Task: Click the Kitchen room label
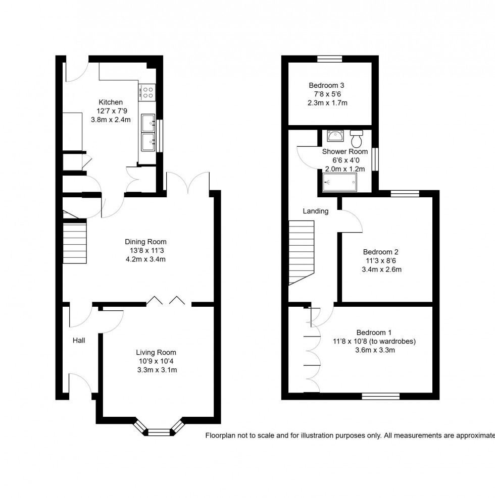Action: [x=111, y=102]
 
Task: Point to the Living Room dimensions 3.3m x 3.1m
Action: [x=156, y=370]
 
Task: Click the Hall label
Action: [x=79, y=341]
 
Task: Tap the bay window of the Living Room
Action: [x=159, y=431]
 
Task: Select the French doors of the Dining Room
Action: [x=188, y=183]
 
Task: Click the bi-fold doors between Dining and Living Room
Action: [x=167, y=302]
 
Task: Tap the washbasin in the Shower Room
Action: [x=335, y=136]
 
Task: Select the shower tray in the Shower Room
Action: [x=340, y=182]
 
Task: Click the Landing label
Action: [x=316, y=211]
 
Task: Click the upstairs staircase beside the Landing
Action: [x=301, y=253]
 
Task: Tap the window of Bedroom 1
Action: [x=381, y=396]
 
